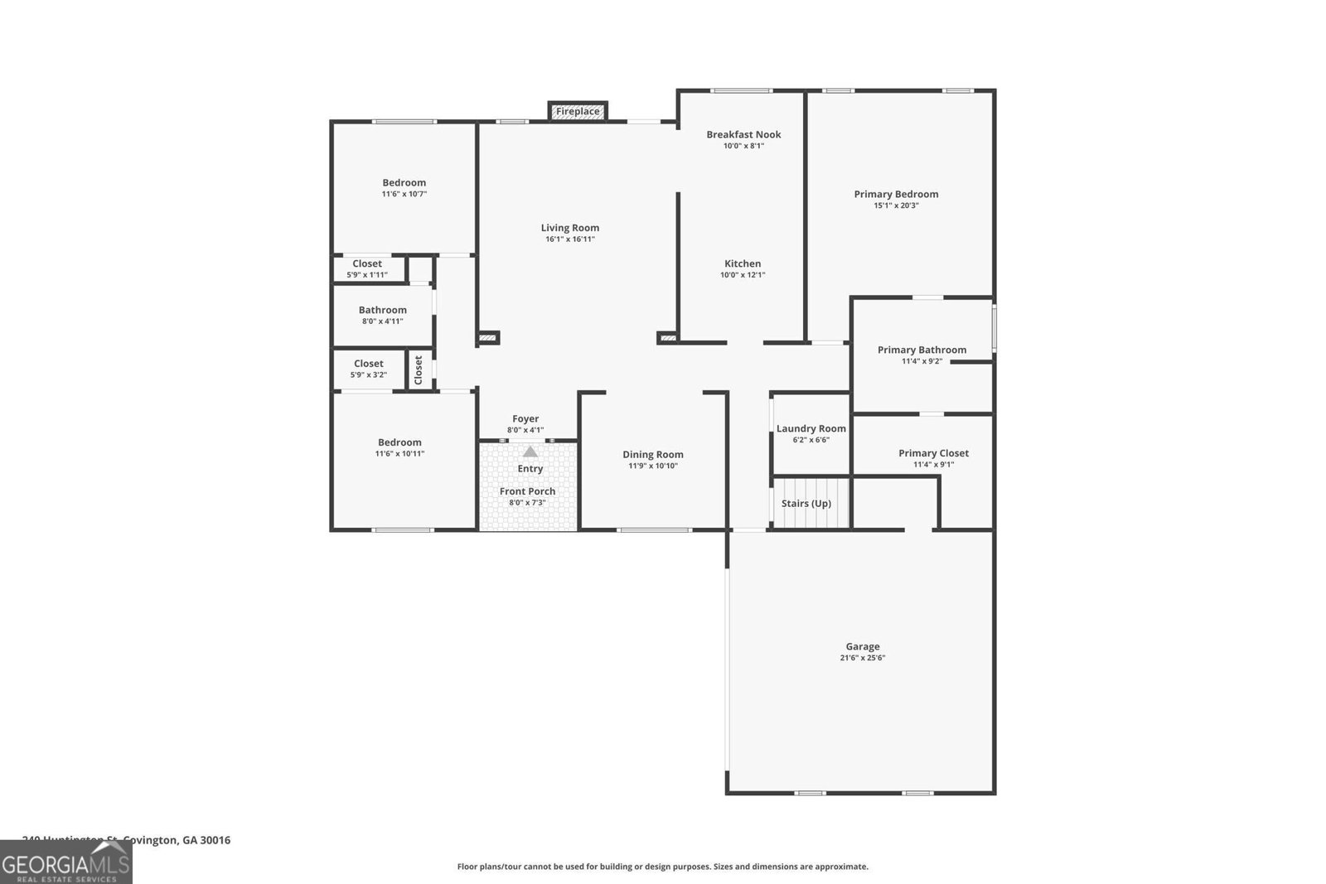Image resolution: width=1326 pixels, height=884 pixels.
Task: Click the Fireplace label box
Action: coord(578,111)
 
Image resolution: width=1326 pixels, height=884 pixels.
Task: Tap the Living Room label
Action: coord(570,228)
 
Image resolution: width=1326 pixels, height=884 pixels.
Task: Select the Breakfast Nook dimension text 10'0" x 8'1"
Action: coord(743,146)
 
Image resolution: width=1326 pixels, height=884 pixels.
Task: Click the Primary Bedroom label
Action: coord(896,195)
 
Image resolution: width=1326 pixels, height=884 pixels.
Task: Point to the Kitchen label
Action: coord(743,264)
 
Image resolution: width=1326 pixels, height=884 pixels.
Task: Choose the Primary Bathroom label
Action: coord(922,350)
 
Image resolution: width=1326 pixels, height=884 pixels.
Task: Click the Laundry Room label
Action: coord(811,429)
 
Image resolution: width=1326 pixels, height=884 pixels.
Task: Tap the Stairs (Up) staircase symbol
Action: coord(811,503)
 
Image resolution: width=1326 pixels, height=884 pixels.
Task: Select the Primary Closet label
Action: coord(933,453)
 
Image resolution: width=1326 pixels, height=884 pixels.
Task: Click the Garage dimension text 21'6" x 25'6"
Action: coord(862,658)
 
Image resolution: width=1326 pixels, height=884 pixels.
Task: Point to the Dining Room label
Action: coord(653,455)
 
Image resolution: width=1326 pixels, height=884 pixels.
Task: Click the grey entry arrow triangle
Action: coord(530,452)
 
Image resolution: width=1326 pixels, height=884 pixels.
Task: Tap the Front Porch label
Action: coord(527,491)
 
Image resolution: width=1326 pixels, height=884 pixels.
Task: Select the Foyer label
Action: coord(525,419)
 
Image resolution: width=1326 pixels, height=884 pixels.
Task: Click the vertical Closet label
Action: coord(419,370)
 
